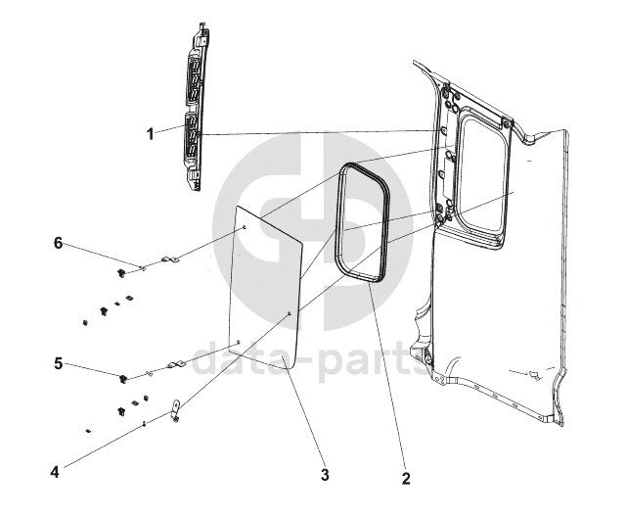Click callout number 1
tap(151, 134)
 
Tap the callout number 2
tap(406, 478)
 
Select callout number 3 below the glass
tap(325, 475)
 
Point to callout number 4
tap(55, 472)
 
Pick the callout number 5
tap(59, 364)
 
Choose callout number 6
tap(59, 243)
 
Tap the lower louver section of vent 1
tap(192, 136)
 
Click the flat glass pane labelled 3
tap(265, 287)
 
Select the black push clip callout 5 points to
tap(123, 378)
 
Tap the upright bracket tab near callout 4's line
tap(176, 410)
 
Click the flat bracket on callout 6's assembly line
tap(170, 260)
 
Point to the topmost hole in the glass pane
tap(245, 228)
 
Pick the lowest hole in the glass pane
tap(238, 343)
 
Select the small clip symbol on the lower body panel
tap(533, 375)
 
